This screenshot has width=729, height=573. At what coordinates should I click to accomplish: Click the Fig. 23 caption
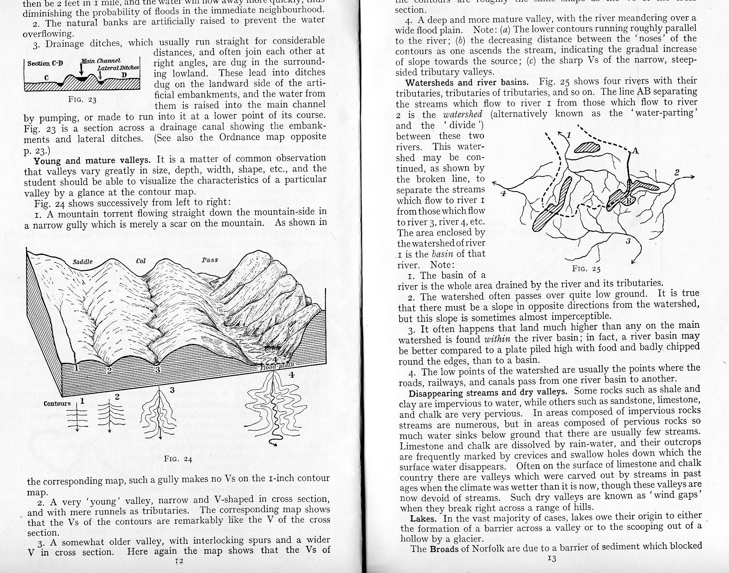pos(82,100)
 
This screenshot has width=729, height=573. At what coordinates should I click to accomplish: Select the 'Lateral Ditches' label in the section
pos(118,68)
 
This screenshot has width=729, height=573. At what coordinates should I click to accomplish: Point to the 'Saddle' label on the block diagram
pos(83,262)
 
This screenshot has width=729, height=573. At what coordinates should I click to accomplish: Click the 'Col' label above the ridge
pos(141,261)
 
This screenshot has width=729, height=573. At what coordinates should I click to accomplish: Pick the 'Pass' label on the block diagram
pos(210,260)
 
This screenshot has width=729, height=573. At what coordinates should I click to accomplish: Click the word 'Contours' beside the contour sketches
pos(57,404)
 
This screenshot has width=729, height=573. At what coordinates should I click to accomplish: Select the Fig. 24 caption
pos(178,459)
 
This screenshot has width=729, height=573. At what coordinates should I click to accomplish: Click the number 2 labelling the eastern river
pos(676,172)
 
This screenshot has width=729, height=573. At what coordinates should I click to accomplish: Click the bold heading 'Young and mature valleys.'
pos(92,160)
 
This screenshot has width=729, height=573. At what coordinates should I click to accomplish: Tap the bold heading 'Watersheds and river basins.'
pos(467,82)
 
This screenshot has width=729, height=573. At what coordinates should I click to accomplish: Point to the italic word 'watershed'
pos(463,114)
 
